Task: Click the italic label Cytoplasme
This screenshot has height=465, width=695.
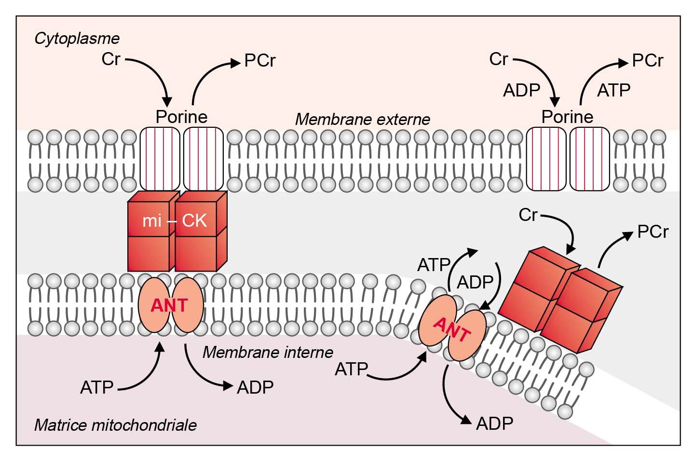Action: pos(77,39)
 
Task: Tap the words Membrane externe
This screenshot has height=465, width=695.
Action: pos(362,119)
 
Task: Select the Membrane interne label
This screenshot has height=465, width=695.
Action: pos(268,352)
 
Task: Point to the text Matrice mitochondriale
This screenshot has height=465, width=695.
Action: pos(115,425)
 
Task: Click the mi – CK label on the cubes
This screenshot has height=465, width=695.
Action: pos(175,220)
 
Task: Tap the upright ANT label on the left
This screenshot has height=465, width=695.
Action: pos(169,305)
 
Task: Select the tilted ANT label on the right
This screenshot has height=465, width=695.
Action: pos(452,329)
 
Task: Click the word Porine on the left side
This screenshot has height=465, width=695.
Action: pos(181,117)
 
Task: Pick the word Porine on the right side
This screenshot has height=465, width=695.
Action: pos(567,117)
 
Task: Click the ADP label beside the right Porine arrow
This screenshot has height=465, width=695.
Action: pos(521,90)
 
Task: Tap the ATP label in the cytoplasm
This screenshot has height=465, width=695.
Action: pos(613,90)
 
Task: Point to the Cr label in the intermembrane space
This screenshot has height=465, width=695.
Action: pos(528,215)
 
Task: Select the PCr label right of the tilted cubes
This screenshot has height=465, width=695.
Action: pos(653,232)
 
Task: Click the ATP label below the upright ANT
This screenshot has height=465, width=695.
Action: pos(97,387)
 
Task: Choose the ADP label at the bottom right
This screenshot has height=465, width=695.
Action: pos(494,424)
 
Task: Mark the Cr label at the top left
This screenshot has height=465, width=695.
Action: pos(110,59)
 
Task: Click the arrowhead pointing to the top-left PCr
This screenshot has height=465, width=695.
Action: pos(236,63)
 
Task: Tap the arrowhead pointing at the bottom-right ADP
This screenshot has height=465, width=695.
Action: pos(466,420)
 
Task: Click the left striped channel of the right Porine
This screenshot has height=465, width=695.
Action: pos(545,159)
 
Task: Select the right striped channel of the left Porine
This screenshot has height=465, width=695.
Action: pos(204,159)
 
